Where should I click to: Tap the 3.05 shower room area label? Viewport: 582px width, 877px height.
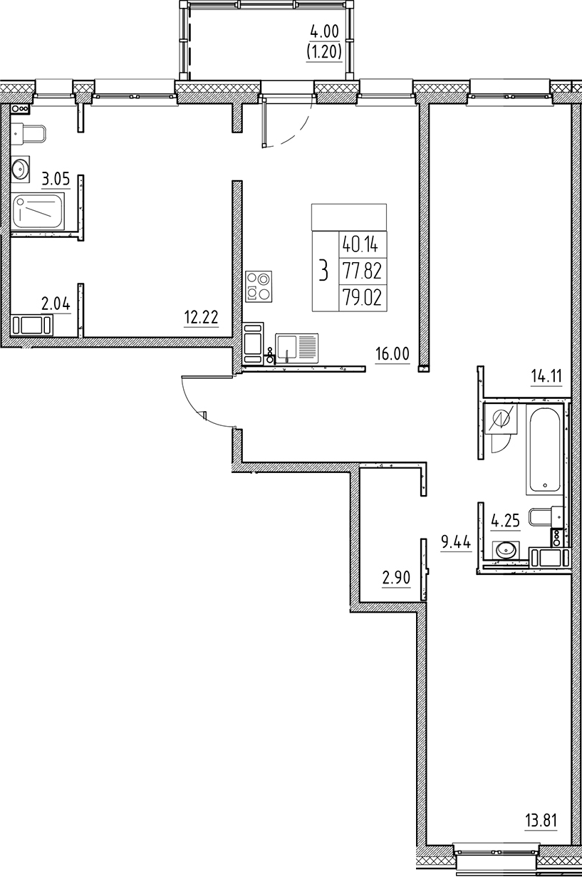pyautogui.click(x=55, y=180)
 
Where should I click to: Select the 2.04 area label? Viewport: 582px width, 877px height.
pyautogui.click(x=55, y=304)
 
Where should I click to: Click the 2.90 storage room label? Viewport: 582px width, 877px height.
pyautogui.click(x=396, y=578)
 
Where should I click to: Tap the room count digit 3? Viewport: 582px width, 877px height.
pyautogui.click(x=324, y=271)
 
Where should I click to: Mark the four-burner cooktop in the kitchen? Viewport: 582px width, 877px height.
pyautogui.click(x=258, y=286)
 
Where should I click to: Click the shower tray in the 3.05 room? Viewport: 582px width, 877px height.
pyautogui.click(x=39, y=211)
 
